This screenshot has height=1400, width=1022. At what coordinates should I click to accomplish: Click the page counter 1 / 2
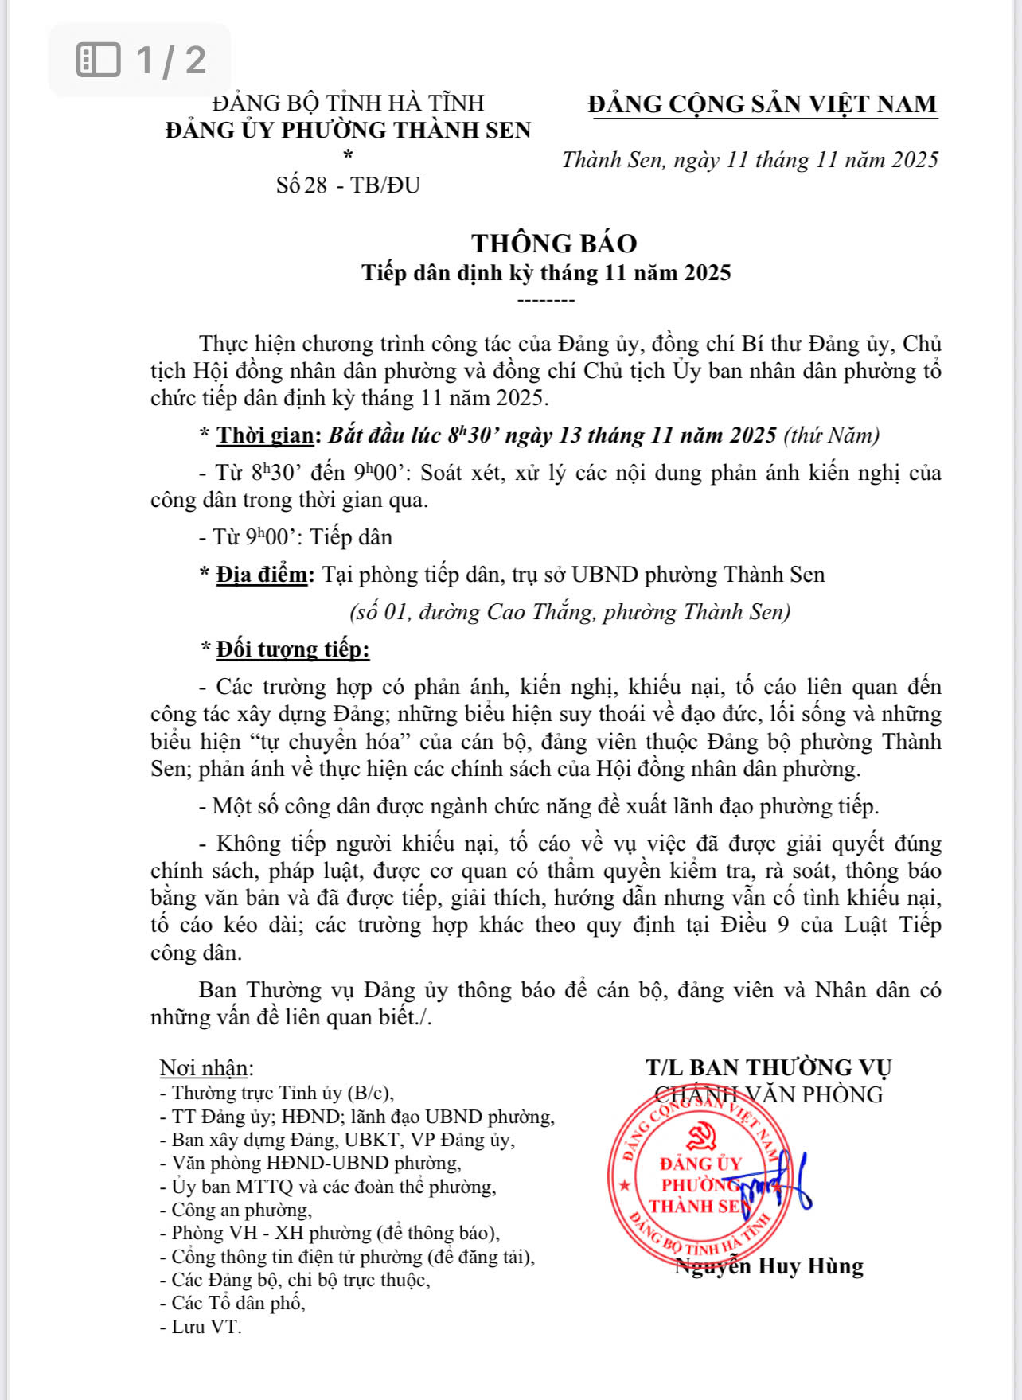click(x=142, y=60)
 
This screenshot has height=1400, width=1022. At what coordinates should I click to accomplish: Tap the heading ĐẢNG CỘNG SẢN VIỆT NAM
click(x=763, y=104)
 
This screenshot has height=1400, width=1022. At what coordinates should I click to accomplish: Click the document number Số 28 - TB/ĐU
click(x=348, y=185)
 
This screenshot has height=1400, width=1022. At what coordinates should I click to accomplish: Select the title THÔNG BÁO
click(x=554, y=243)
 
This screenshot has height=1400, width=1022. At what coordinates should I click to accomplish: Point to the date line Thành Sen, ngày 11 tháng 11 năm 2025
click(x=750, y=160)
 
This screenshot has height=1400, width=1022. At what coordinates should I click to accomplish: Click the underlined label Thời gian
click(x=266, y=435)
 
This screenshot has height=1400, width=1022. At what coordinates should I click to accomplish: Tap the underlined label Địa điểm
click(x=262, y=575)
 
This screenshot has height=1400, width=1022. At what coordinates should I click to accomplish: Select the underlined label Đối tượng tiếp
click(x=293, y=649)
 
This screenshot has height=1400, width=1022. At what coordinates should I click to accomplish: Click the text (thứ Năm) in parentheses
click(x=832, y=435)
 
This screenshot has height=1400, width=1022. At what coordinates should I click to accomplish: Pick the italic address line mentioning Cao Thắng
click(x=570, y=612)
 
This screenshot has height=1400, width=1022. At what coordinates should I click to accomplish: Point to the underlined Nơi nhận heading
click(x=206, y=1068)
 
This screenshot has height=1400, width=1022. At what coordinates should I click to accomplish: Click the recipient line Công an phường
click(x=240, y=1211)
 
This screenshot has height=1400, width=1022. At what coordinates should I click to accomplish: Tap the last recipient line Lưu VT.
click(x=205, y=1327)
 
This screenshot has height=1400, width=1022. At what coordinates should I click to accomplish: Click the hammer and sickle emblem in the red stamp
click(x=701, y=1137)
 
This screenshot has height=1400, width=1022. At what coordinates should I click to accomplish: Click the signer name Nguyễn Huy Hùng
click(x=769, y=1266)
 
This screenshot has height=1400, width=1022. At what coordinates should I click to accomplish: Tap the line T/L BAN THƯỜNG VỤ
click(x=768, y=1068)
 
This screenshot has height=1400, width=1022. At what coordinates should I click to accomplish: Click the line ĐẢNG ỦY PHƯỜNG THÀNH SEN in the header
click(x=348, y=130)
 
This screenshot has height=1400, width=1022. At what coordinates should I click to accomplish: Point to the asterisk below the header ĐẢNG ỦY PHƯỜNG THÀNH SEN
click(x=348, y=155)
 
